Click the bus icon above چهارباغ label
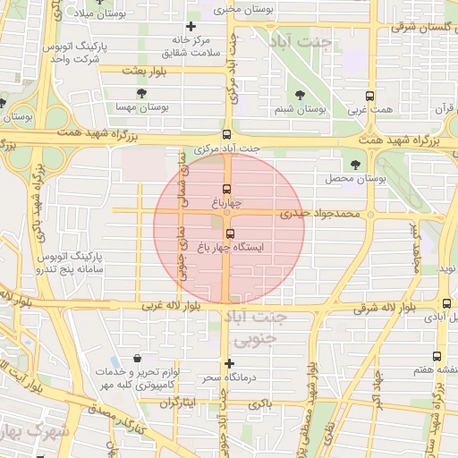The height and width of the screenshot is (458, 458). pos(227,190)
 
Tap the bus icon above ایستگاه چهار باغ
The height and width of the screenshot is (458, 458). pos(230,234)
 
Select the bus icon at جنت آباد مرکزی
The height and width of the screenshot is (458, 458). pos(227,132)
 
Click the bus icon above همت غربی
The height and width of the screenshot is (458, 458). pos(369,96)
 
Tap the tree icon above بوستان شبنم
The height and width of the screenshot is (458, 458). pos(299,96)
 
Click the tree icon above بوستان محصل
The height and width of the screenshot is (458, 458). pos(356,165)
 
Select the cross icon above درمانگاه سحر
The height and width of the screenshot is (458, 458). pos(230,363)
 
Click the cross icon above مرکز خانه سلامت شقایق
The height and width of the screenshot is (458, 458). pos(191,27)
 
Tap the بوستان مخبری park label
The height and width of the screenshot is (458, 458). pos(241,8)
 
